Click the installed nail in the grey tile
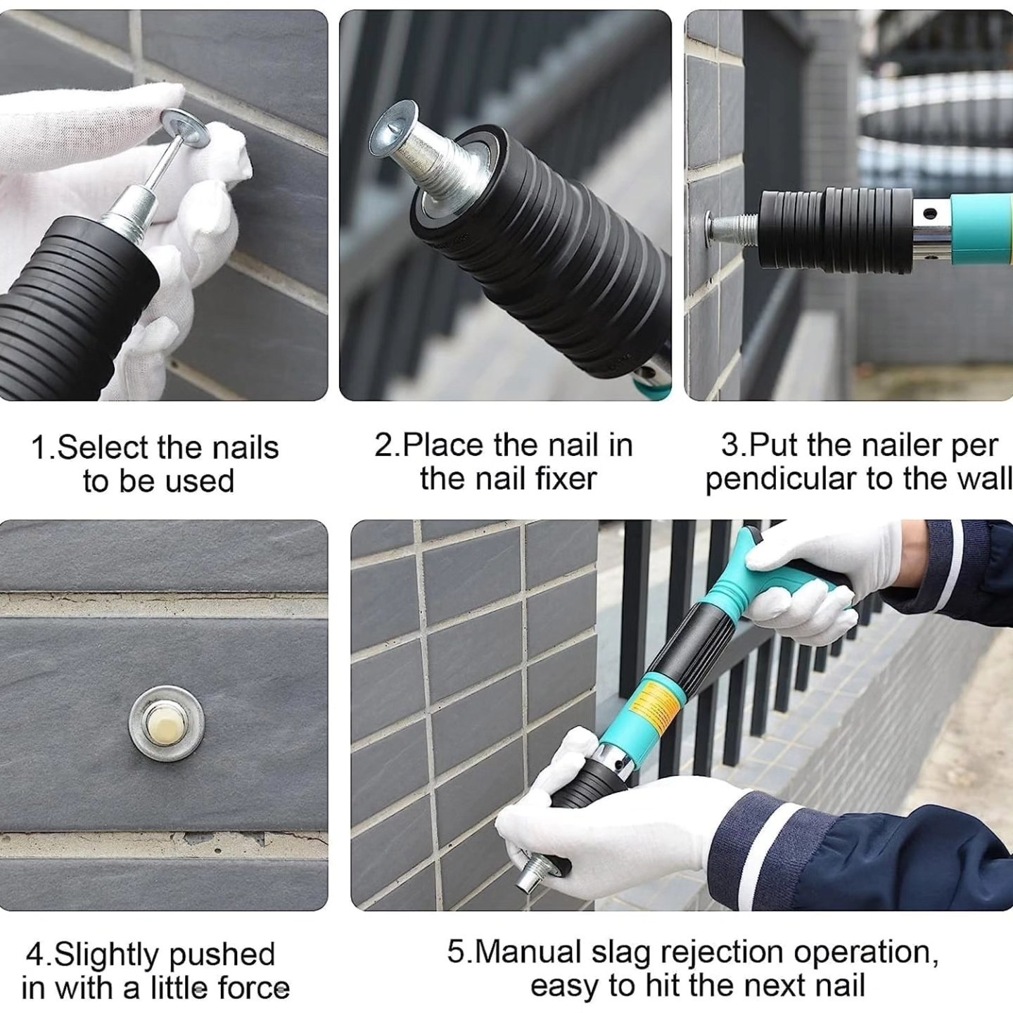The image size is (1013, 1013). [167, 723]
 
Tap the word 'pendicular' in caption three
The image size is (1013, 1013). [782, 480]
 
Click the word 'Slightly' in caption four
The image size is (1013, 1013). [107, 955]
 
